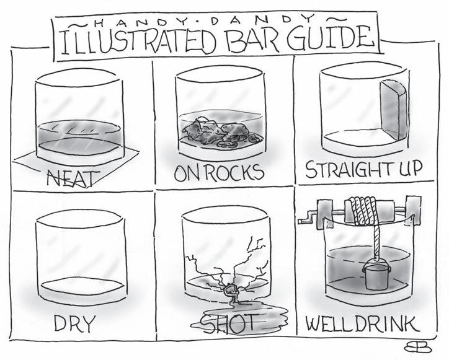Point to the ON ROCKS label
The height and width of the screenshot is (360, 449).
click(219, 172)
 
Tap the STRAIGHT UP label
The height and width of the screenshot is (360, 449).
click(364, 169)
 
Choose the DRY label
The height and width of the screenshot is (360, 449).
click(74, 323)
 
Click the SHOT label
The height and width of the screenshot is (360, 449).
click(227, 323)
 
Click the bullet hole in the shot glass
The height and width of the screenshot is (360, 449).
click(231, 291)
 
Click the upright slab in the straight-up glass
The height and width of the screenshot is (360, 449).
click(393, 110)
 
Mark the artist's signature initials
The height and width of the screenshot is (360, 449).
click(418, 347)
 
